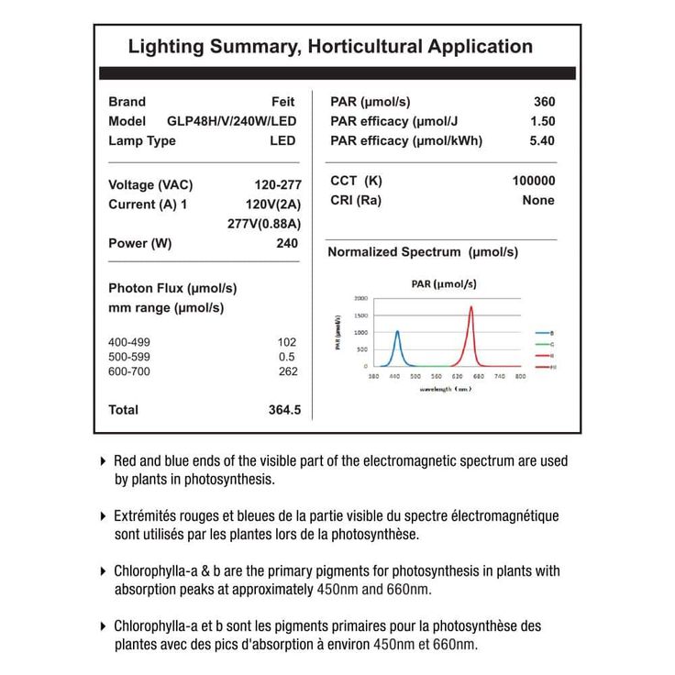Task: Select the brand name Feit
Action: tap(283, 102)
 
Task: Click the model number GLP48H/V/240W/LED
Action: tap(231, 121)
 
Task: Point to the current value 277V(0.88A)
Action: tap(264, 223)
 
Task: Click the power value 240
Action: tap(287, 243)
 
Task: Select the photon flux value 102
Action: tap(287, 341)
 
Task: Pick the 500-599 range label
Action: tap(129, 357)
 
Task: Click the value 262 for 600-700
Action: tap(287, 371)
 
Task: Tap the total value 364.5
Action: tap(284, 410)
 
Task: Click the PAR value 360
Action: tap(544, 102)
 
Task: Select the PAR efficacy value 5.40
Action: tap(542, 140)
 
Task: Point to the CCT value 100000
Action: tap(533, 181)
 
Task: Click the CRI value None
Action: tap(538, 200)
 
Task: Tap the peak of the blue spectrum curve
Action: tap(397, 331)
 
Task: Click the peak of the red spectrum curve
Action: tap(471, 306)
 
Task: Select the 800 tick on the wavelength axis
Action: tap(520, 376)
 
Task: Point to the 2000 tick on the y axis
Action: tap(360, 299)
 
